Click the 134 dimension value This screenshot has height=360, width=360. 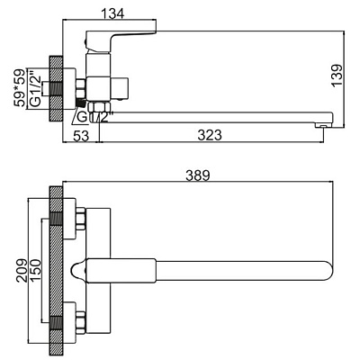112,13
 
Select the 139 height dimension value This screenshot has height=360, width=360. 337,76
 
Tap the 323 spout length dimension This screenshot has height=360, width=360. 210,135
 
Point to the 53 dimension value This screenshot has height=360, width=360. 81,136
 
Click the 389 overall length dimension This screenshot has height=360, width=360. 198,175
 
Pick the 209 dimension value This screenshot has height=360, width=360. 22,270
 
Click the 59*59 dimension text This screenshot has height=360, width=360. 20,88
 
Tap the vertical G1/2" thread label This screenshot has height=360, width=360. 35,88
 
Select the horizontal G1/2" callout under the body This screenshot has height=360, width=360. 94,117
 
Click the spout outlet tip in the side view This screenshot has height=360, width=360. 321,125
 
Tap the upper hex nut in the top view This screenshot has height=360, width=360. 81,219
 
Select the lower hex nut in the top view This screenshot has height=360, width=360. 81,323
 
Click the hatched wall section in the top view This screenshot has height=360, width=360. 56,271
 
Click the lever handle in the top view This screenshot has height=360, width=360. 121,271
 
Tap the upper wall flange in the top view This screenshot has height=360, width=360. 69,219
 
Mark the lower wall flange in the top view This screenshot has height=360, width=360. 69,323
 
